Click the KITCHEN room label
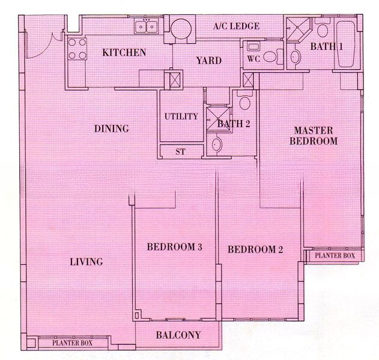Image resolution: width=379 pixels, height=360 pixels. (x=124, y=52)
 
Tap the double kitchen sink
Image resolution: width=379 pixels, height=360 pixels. (x=146, y=26)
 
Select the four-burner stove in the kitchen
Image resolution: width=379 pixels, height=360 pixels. (x=77, y=49)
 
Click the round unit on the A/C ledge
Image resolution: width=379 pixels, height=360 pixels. (x=181, y=29)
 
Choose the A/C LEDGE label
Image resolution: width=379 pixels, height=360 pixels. (x=236, y=26)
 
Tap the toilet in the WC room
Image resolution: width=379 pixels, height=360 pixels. (x=273, y=57)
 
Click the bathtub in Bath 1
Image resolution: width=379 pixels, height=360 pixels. (x=345, y=44)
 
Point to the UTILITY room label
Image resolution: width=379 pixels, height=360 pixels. (x=181, y=116)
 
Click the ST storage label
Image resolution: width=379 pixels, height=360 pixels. (x=180, y=152)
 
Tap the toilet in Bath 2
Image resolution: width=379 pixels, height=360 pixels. (x=244, y=100)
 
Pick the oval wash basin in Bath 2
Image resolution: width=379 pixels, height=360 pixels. (x=217, y=144)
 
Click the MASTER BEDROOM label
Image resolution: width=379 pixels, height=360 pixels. (x=314, y=136)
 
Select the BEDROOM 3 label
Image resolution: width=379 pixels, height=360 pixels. (x=175, y=247)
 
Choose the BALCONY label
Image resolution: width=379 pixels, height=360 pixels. (x=178, y=335)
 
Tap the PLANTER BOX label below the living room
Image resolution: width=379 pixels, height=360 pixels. (x=72, y=343)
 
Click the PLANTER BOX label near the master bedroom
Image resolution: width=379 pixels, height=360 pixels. (x=335, y=256)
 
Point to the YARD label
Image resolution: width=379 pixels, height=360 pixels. (x=209, y=61)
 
